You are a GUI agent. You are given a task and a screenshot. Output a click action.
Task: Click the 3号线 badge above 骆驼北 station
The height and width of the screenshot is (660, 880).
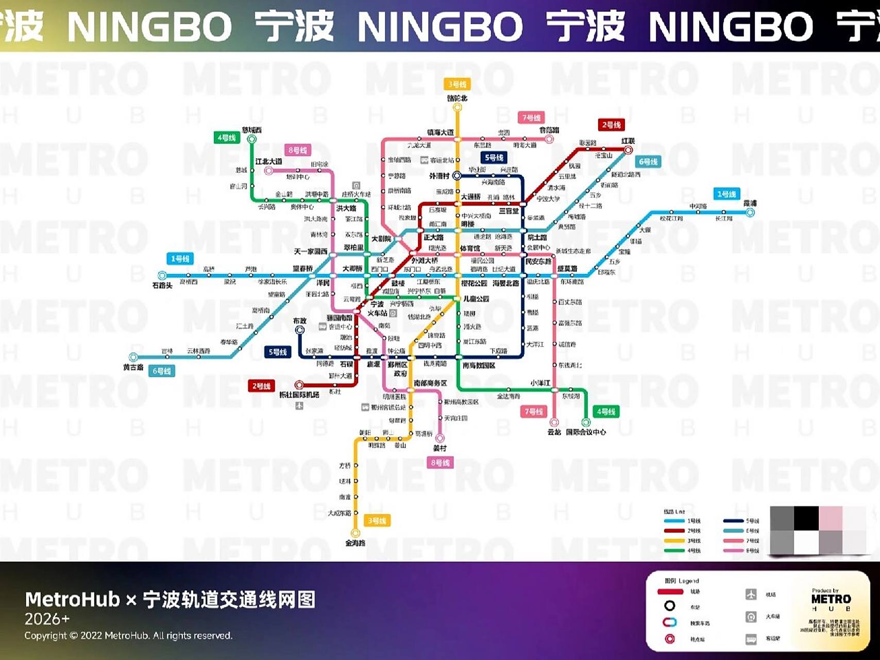pos(456,84)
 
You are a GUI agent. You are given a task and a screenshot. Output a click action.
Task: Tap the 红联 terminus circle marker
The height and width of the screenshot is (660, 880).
pos(628,150)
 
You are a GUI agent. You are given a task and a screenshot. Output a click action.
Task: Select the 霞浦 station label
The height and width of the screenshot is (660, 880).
pos(750,203)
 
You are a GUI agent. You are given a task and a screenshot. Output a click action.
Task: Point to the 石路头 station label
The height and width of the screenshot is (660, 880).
pos(162,285)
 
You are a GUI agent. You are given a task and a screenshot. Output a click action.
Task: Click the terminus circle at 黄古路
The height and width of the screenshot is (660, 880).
pos(133,357)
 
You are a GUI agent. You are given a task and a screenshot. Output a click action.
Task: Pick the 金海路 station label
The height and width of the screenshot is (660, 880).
pos(355,543)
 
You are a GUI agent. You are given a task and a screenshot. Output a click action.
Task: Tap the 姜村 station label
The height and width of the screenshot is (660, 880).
pos(439,448)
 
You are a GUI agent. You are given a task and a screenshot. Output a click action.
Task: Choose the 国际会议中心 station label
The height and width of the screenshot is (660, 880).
pos(586,432)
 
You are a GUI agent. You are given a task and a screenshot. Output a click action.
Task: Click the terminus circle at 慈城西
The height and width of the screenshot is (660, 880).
pos(252,139)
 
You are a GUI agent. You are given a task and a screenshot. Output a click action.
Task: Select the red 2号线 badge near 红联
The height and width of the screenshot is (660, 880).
pos(611,125)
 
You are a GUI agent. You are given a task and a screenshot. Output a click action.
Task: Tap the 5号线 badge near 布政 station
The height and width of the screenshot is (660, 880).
pos(278,352)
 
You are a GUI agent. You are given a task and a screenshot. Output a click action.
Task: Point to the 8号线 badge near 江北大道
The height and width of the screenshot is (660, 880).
pos(297,150)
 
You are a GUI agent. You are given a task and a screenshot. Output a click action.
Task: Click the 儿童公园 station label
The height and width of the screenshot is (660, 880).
pos(476,299)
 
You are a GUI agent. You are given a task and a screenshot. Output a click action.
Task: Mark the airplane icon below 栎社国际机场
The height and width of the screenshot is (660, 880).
pos(299,406)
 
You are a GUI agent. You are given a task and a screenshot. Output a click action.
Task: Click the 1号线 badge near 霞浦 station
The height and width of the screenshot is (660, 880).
pos(726,194)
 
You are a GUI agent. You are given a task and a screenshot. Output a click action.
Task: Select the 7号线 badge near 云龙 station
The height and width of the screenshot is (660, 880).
pos(533,411)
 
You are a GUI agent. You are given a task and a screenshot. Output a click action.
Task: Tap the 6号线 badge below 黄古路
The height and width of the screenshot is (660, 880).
pos(162,371)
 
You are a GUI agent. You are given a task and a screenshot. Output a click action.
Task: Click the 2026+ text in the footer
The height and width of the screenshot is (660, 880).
pos(47,619)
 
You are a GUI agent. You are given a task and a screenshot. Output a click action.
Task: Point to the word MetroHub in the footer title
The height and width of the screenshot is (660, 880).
pos(72,600)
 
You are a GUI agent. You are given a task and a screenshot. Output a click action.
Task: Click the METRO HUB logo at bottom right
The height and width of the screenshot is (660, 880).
pos(831,600)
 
